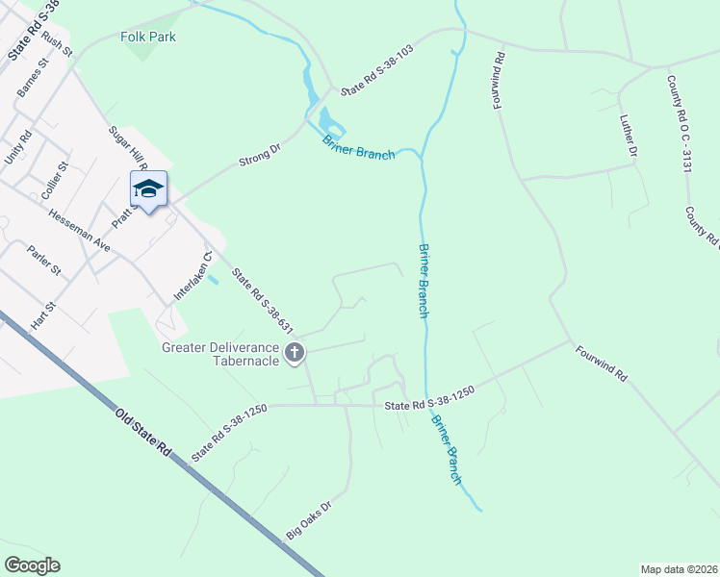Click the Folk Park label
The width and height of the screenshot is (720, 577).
[x=148, y=38]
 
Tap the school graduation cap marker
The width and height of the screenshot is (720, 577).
[x=148, y=189]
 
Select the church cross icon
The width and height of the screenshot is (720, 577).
[x=296, y=354]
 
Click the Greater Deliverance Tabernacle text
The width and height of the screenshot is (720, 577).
[x=220, y=354]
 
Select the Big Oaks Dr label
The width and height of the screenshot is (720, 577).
[x=308, y=518]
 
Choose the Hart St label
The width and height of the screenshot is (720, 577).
[x=44, y=315]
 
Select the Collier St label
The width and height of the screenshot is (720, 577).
[x=55, y=181]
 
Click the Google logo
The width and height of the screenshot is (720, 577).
[x=32, y=565]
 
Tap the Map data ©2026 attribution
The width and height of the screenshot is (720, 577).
[x=678, y=569]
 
